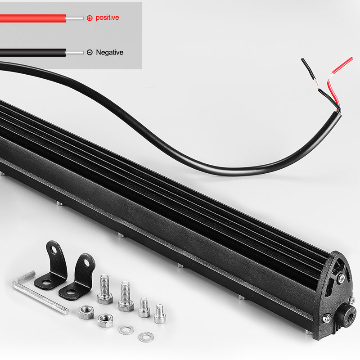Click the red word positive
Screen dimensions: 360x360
(x=107, y=18)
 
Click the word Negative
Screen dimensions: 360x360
(x=109, y=52)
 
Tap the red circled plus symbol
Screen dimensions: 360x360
(x=90, y=18)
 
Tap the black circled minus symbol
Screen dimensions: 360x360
(x=90, y=52)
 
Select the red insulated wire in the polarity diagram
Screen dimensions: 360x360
(x=32, y=18)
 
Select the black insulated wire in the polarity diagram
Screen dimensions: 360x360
(x=32, y=53)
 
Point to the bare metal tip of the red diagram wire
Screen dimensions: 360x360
(x=75, y=18)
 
